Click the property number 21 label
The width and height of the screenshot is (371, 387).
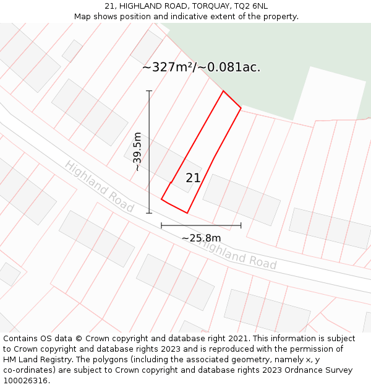pos(193,178)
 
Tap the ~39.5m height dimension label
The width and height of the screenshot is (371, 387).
pos(137,152)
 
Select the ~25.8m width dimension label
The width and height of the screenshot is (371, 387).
pos(201,238)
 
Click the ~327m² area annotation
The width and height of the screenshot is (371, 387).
pos(201,67)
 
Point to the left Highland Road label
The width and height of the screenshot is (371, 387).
pos(99,186)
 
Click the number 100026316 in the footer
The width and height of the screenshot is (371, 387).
pos(25,381)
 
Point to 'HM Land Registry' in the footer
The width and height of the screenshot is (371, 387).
pos(36,360)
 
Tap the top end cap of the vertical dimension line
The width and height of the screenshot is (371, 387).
pos(149,91)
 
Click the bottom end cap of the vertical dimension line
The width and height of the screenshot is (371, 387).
pos(149,213)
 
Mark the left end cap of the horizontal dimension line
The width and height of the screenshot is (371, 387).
pos(161,225)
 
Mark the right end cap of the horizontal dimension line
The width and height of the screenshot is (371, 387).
pos(241,225)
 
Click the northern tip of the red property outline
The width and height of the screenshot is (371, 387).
pos(223,92)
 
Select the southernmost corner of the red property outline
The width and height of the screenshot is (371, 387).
pos(187,213)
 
